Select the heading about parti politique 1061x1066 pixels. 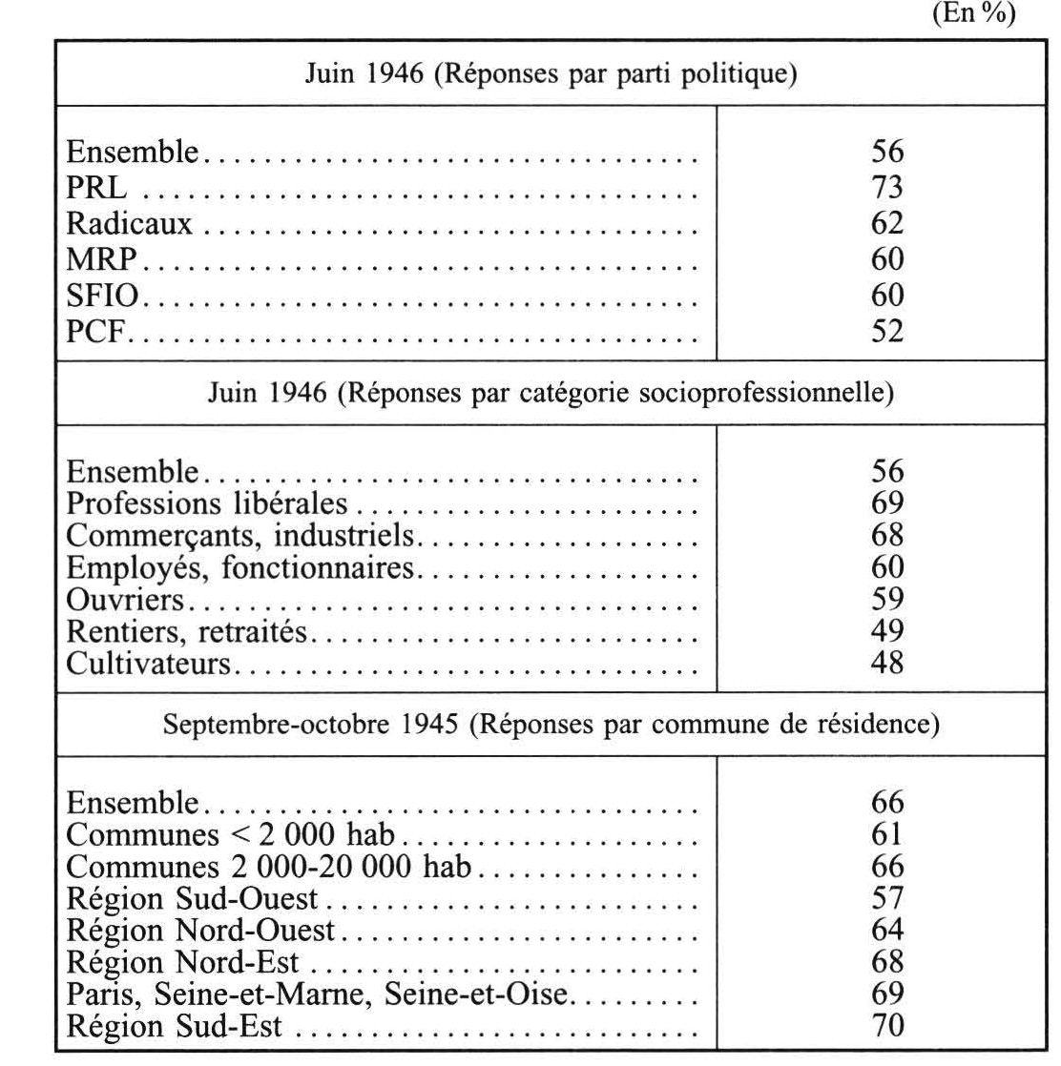tap(551, 73)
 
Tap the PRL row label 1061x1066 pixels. tap(95, 188)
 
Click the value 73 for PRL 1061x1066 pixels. tap(886, 188)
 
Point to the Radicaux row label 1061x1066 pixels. tap(129, 224)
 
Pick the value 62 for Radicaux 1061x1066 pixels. tap(886, 224)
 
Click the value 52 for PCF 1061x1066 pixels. tap(886, 331)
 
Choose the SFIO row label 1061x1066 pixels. tap(104, 296)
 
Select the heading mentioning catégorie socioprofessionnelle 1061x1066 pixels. tap(551, 394)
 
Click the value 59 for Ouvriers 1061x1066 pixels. tap(886, 600)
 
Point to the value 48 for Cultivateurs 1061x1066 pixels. tap(886, 662)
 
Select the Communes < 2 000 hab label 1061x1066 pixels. tap(233, 835)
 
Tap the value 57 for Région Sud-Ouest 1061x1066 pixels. tap(886, 899)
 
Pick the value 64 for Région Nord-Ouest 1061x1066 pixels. tap(886, 931)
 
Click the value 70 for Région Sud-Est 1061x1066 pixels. tap(886, 1026)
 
